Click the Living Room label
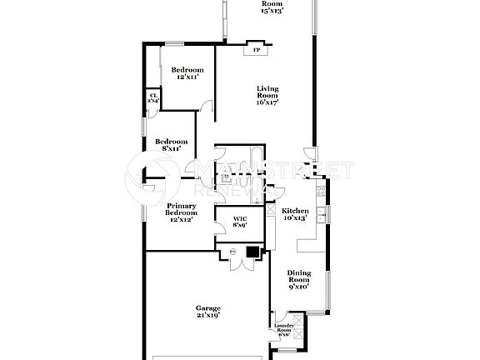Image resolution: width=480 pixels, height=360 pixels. (x=267, y=95)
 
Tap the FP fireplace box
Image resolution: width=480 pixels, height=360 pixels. (x=256, y=51)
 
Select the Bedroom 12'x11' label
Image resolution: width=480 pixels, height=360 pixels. (x=187, y=73)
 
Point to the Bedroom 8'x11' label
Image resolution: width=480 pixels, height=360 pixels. (x=171, y=145)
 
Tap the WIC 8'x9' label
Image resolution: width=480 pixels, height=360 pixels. (x=239, y=222)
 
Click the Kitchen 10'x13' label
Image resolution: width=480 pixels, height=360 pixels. (x=293, y=214)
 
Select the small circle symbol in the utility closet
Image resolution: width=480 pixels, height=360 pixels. (x=232, y=251)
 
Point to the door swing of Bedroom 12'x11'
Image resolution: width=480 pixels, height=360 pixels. (x=207, y=106)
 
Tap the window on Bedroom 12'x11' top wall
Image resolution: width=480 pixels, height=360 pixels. (x=174, y=43)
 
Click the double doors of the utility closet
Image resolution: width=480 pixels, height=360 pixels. (x=239, y=265)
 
